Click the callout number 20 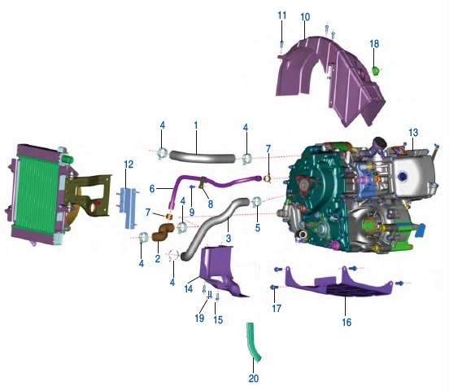(x=254, y=379)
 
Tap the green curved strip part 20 (x=252, y=342)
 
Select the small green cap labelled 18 (x=375, y=70)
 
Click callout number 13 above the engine (x=413, y=133)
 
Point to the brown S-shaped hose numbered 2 (x=163, y=232)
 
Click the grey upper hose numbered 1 (x=202, y=157)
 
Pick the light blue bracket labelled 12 (x=129, y=208)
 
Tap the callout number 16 (x=347, y=322)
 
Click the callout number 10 (x=305, y=17)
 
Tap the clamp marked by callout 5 (x=257, y=202)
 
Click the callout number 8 (x=211, y=204)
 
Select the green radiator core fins (x=37, y=195)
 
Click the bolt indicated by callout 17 (x=274, y=287)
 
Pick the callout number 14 (x=189, y=289)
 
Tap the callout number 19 (x=199, y=318)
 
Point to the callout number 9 (x=192, y=213)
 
